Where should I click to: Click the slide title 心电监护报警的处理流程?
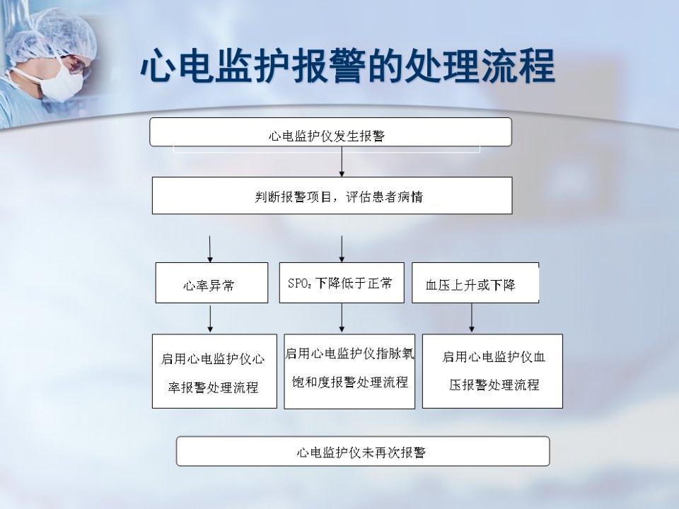coord(348,66)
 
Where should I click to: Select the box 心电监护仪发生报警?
coord(330,132)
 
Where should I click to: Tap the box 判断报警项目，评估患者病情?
coord(332,195)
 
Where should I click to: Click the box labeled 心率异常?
coord(211,283)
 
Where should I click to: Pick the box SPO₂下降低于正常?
coord(342,283)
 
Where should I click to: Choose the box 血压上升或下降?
coord(475,283)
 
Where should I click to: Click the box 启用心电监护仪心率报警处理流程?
coord(214,371)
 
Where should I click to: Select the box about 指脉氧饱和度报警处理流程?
coord(349,371)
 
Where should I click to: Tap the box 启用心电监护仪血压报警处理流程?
coord(492,371)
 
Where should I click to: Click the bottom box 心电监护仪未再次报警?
coord(363,451)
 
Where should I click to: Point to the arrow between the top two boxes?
coord(342,161)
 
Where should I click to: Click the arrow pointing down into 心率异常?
coord(210,249)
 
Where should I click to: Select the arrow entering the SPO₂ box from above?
coord(342,249)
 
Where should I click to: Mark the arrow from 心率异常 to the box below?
coord(210,319)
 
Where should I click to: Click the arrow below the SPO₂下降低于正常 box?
coord(342,317)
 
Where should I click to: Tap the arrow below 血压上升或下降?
coord(472,317)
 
